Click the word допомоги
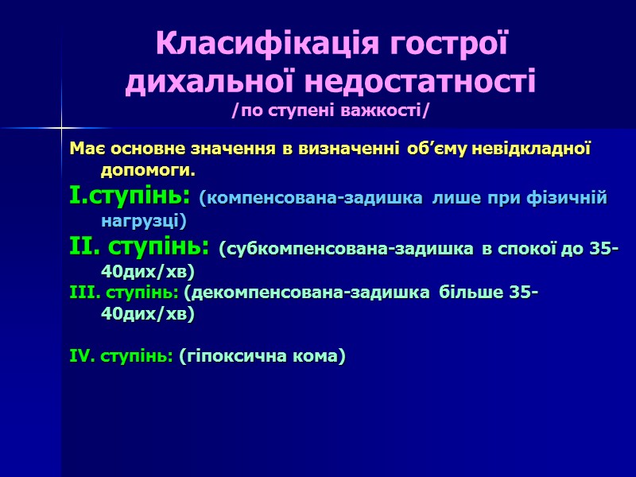(148, 171)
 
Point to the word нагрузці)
(144, 219)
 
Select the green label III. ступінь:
(124, 294)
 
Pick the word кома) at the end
(318, 358)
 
